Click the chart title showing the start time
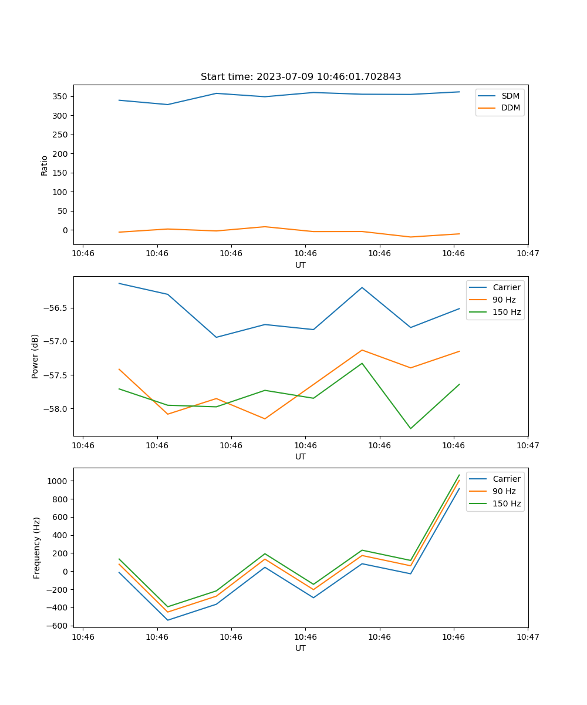point(301,77)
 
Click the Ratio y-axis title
point(45,165)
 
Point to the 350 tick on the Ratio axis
point(60,96)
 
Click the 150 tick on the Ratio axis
point(60,173)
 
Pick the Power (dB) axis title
point(35,356)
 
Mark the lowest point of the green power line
point(410,428)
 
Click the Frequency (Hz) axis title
point(37,548)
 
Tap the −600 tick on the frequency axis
point(57,626)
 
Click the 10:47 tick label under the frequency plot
point(528,636)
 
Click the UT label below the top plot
point(301,265)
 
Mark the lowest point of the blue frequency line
point(168,620)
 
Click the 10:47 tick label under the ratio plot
point(528,253)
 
